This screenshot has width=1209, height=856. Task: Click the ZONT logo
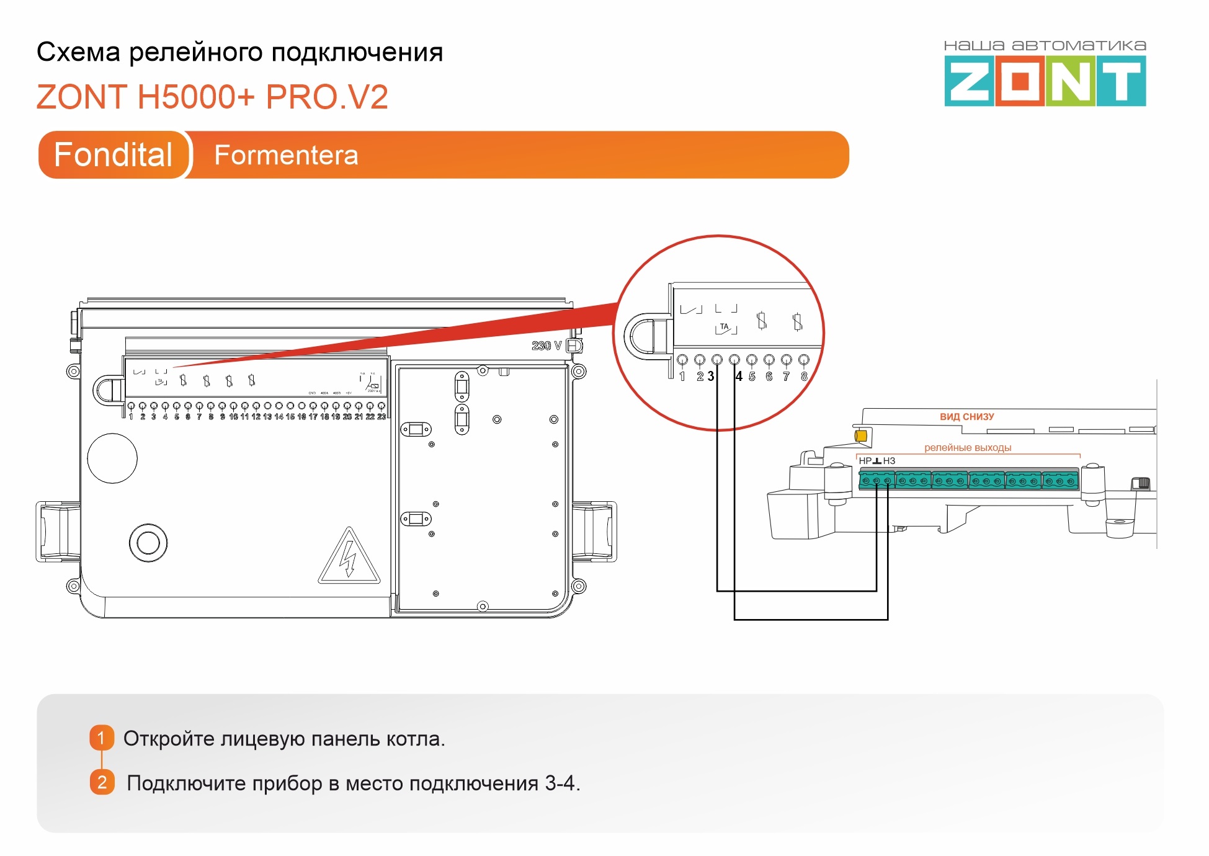(1045, 81)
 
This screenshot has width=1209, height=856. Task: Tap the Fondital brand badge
(113, 154)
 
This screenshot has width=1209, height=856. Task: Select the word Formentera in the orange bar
(286, 155)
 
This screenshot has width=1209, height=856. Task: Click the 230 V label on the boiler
(546, 346)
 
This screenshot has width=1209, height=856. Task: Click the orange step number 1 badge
(102, 738)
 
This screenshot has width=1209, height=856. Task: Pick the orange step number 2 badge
(102, 782)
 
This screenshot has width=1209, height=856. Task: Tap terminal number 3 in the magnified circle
(711, 377)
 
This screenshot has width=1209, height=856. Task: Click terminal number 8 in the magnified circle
(804, 377)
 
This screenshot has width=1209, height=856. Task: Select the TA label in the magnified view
(724, 327)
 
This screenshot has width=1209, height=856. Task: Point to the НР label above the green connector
(865, 461)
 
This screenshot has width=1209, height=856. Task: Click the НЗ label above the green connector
(889, 461)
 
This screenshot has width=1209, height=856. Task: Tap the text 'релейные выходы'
(967, 448)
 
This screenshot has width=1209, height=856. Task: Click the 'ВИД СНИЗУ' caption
(966, 417)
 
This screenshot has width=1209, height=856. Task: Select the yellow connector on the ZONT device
(861, 436)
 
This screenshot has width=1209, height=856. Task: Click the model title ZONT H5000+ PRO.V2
(212, 97)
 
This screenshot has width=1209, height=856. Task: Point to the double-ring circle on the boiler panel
(148, 543)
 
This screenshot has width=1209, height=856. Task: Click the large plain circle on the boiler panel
(112, 458)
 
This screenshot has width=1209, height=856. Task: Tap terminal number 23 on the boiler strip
(381, 417)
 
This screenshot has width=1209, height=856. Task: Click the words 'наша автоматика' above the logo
(1045, 45)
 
